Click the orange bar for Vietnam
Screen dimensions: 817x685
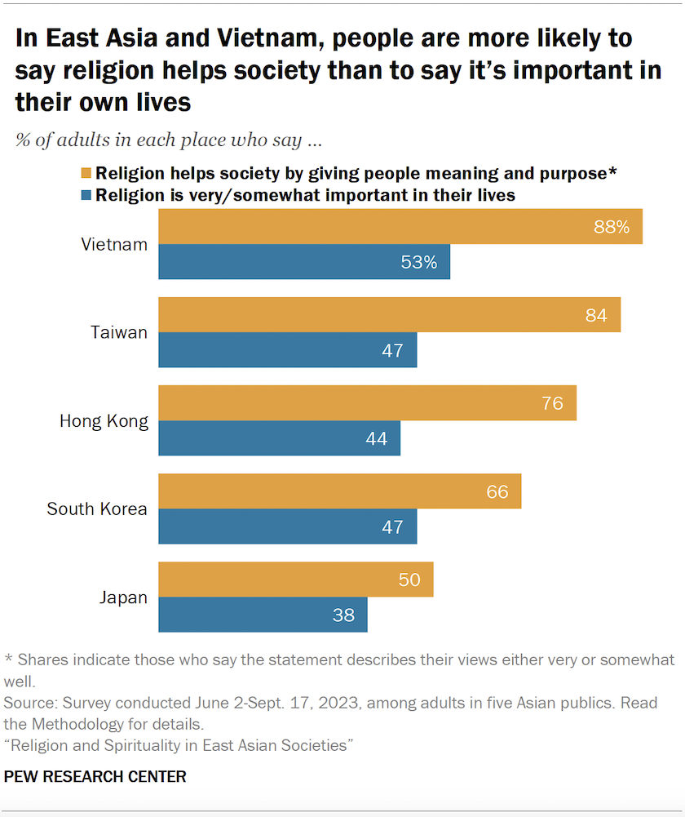coord(400,227)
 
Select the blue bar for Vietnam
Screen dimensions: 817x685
coord(303,262)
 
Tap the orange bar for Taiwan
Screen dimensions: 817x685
coord(389,315)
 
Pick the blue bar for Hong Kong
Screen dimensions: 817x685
coord(279,438)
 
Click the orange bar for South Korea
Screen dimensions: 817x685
coord(339,491)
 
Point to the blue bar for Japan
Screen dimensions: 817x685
coord(263,615)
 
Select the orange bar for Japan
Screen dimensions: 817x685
coord(295,579)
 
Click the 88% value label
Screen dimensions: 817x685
coord(612,227)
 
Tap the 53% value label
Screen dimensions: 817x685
coord(418,262)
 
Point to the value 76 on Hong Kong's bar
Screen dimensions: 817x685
coord(552,403)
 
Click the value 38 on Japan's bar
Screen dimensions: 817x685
coord(343,615)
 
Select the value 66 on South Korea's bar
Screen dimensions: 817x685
coord(497,491)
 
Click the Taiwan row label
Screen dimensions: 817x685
coord(119,332)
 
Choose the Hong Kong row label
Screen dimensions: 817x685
coord(104,421)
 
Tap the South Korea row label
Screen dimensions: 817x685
coord(97,509)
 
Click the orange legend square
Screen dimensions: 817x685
coord(86,174)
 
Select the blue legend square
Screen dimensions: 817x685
coord(86,196)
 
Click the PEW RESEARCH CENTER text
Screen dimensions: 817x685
coord(95,777)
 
